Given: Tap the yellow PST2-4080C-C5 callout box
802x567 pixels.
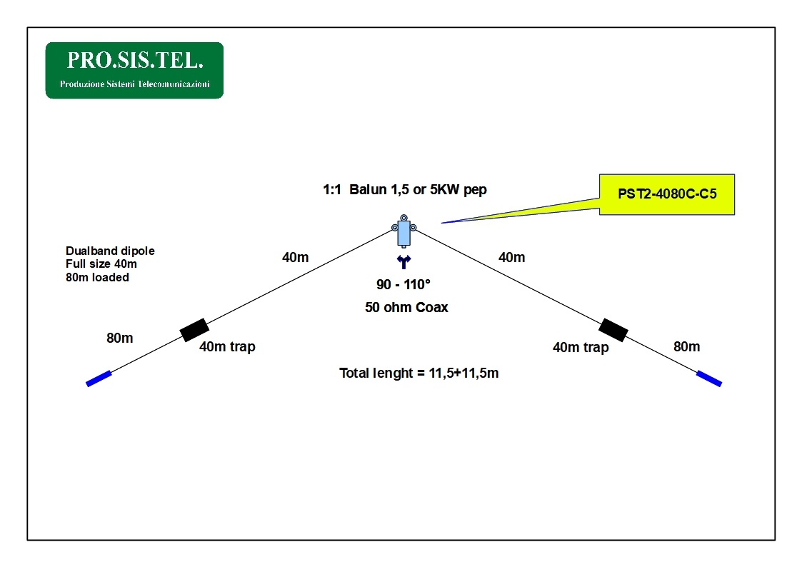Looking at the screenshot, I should (666, 194).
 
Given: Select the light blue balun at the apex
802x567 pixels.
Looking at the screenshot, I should (403, 231).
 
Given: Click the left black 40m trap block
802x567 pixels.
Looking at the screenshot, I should (194, 330).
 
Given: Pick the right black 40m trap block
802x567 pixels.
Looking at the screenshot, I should (613, 330).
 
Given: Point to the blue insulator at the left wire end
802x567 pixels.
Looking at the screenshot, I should (99, 378).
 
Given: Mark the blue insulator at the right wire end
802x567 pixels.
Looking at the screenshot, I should (709, 378).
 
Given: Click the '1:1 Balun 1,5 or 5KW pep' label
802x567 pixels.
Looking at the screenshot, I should (405, 191).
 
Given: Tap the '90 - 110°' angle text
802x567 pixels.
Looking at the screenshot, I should (403, 285).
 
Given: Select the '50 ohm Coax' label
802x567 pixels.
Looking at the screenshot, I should (406, 308).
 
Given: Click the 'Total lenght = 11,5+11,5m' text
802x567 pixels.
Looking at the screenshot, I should (418, 373).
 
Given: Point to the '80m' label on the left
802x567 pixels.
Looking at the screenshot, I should (120, 338).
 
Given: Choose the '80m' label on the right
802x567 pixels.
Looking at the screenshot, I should (687, 347).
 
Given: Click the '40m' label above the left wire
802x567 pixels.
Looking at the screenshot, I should (296, 257).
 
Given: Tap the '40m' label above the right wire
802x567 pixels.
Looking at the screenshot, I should (511, 257).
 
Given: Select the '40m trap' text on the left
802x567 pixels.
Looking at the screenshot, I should (227, 347).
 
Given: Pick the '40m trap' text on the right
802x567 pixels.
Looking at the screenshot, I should (581, 348).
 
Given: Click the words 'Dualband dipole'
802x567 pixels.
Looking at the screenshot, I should (110, 251).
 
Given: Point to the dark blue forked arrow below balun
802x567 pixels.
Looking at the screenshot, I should (403, 262).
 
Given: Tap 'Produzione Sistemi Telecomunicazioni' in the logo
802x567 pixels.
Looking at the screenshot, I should (134, 84).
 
